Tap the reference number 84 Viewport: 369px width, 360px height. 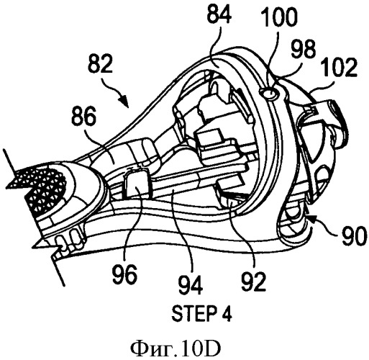tap(219, 14)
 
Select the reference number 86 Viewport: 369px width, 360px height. tap(84, 116)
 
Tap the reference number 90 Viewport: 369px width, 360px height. tap(354, 236)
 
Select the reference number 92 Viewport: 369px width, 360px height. tap(254, 282)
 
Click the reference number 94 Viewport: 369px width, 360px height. tap(191, 285)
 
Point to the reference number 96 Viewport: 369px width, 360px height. tap(125, 274)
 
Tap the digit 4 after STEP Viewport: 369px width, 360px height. tap(227, 314)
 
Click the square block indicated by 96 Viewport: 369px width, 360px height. tap(136, 184)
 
